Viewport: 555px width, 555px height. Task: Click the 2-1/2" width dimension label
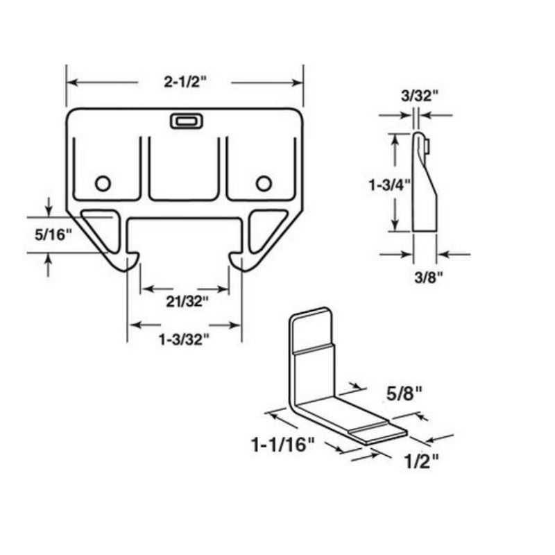pyautogui.click(x=185, y=82)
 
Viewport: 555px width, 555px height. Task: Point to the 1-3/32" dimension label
pyautogui.click(x=184, y=340)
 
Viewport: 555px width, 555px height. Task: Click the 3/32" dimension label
pyautogui.click(x=420, y=96)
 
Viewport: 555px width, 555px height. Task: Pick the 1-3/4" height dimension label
pyautogui.click(x=390, y=185)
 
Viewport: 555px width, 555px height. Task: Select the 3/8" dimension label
pyautogui.click(x=429, y=278)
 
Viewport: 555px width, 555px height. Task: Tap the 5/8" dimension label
pyautogui.click(x=404, y=393)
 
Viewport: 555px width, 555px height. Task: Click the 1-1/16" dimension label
pyautogui.click(x=282, y=445)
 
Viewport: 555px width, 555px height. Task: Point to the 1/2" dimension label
pyautogui.click(x=422, y=461)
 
